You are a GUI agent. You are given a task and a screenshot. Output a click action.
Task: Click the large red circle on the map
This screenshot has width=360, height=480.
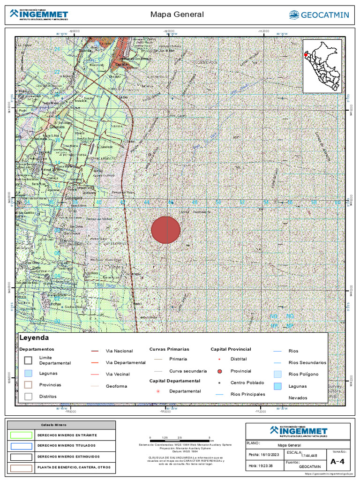pyautogui.click(x=165, y=230)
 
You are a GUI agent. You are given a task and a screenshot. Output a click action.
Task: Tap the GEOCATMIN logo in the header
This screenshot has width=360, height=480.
pyautogui.click(x=319, y=15)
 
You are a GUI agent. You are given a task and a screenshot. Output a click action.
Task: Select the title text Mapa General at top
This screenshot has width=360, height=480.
pyautogui.click(x=177, y=15)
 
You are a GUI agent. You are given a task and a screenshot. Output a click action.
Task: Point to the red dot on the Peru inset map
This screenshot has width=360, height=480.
pyautogui.click(x=306, y=54)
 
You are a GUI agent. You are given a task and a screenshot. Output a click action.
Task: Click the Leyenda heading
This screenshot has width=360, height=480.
pyautogui.click(x=34, y=337)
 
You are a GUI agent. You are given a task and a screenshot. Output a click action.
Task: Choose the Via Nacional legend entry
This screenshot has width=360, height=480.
pyautogui.click(x=119, y=351)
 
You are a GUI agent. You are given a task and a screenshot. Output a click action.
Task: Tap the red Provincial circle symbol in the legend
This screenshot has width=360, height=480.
pyautogui.click(x=219, y=371)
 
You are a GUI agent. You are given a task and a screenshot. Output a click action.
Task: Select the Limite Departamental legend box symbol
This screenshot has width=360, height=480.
pyautogui.click(x=28, y=360)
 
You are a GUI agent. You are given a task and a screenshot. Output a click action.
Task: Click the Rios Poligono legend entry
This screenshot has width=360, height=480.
pyautogui.click(x=303, y=374)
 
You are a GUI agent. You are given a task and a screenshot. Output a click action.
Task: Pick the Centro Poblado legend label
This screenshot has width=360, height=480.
pyautogui.click(x=247, y=383)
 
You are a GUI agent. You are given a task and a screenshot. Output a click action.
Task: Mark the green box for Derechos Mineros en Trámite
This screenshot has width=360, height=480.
pyautogui.click(x=22, y=435)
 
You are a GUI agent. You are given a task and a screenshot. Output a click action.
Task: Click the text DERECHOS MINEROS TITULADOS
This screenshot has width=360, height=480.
pyautogui.click(x=66, y=445)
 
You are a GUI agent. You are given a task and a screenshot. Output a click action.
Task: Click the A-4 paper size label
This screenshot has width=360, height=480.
pyautogui.click(x=337, y=462)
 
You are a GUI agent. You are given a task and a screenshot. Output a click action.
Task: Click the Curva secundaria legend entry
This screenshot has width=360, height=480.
pyautogui.click(x=188, y=371)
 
